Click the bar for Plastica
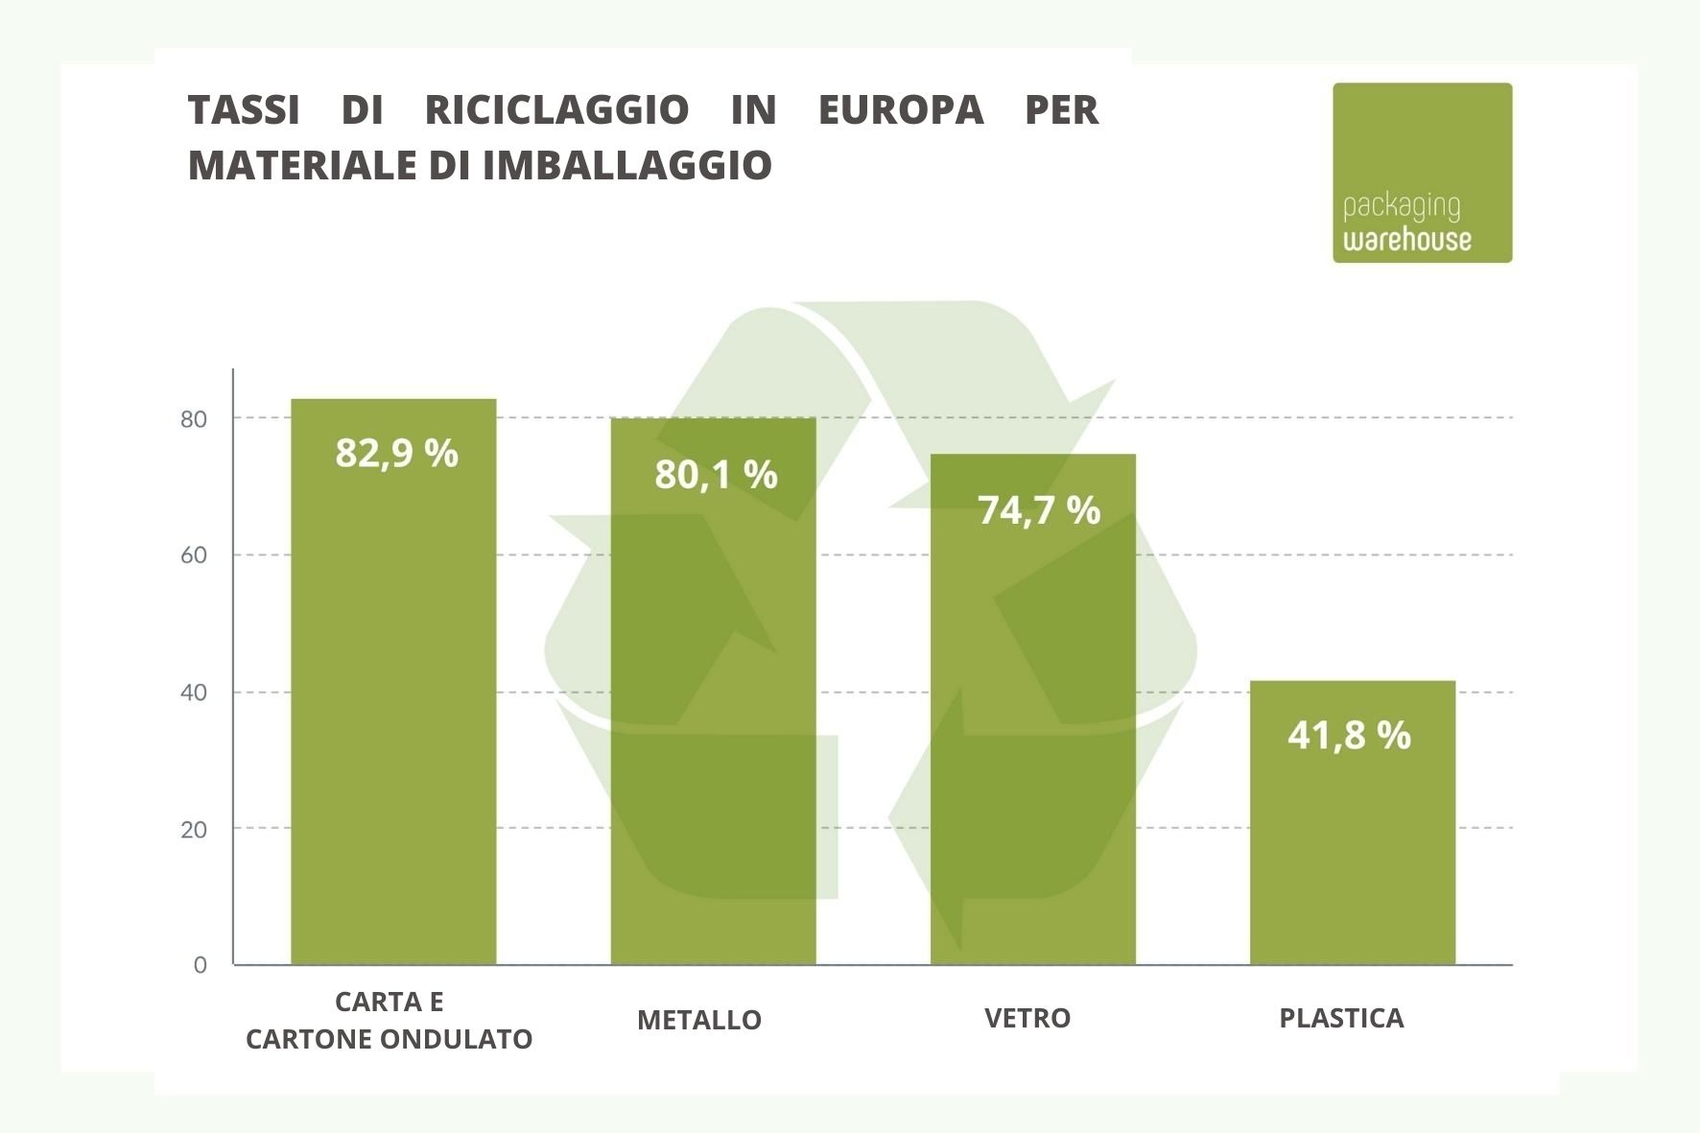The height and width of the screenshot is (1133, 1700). click(1352, 844)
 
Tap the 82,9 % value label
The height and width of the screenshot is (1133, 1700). click(396, 453)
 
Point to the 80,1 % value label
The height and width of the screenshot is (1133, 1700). click(716, 474)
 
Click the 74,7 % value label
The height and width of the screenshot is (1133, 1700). click(1038, 509)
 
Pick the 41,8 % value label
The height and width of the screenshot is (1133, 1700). click(1349, 735)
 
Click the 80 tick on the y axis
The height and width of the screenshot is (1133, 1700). click(194, 419)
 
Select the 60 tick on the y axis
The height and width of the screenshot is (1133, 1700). click(194, 555)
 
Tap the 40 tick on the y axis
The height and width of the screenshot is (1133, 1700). click(194, 693)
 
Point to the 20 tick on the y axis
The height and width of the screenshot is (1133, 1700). click(194, 830)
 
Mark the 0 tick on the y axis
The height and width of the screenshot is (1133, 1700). click(200, 965)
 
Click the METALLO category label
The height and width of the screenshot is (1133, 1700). click(698, 1020)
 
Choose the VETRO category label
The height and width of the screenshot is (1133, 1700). click(1027, 1018)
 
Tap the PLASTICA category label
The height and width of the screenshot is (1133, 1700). click(1340, 1018)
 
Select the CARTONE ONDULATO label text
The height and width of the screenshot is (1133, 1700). click(389, 1039)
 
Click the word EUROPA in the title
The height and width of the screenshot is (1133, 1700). click(900, 109)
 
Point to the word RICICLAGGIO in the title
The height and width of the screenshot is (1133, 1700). click(556, 109)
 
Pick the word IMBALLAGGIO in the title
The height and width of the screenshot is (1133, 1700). click(626, 165)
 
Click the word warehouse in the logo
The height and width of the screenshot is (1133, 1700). click(1406, 239)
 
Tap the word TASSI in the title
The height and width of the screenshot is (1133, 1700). click(244, 109)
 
